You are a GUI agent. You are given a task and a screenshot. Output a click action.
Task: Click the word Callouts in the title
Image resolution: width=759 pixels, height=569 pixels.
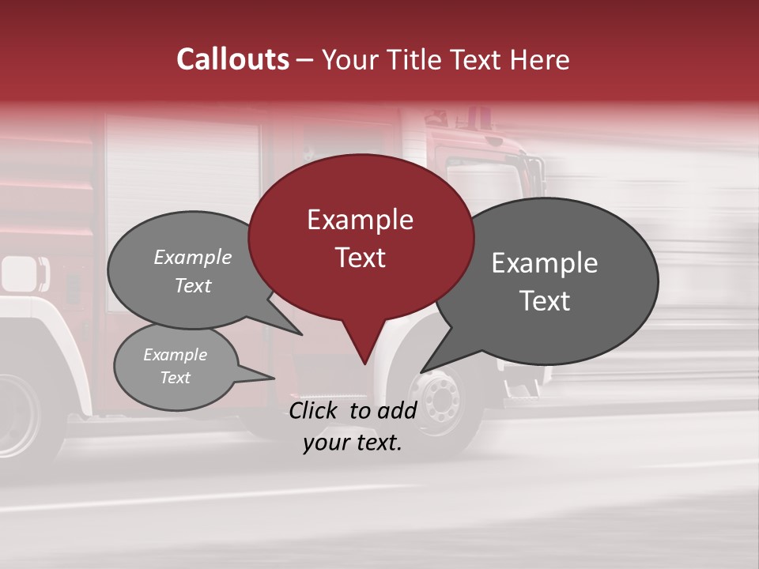232,59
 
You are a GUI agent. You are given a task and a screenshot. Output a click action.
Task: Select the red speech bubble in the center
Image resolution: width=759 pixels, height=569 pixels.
361,237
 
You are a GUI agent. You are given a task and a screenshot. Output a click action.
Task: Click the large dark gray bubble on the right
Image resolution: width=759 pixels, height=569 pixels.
553,281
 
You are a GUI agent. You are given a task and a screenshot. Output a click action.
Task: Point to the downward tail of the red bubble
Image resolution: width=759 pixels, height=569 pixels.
364,348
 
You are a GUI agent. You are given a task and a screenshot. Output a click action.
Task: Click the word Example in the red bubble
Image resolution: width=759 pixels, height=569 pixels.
360,220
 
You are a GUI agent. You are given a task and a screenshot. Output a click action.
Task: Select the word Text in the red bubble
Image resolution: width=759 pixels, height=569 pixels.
360,258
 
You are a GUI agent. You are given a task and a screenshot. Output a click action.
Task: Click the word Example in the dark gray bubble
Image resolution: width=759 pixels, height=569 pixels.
545,263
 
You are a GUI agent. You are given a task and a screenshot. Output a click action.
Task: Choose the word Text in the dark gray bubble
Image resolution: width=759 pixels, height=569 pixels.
545,301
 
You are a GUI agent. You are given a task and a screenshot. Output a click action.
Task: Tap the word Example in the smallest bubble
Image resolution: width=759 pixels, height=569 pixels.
175,355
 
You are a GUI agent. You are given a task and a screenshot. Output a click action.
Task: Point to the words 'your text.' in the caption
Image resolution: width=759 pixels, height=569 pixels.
353,443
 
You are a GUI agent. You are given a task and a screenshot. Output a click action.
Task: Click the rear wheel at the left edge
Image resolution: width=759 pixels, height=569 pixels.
16,415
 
